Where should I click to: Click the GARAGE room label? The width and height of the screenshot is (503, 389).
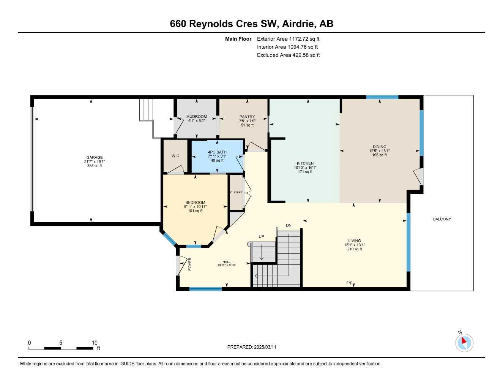click(95, 157)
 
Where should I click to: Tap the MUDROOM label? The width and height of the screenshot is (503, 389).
click(197, 117)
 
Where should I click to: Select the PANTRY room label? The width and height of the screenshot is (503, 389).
click(247, 117)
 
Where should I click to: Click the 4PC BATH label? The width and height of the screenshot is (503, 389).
click(217, 152)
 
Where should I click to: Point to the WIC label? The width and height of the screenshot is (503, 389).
click(175, 156)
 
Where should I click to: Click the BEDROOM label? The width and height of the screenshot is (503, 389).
click(195, 202)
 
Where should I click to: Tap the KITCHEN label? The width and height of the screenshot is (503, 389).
click(305, 163)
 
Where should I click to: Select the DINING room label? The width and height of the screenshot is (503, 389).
click(379, 147)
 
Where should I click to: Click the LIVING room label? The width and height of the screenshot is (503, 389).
click(355, 241)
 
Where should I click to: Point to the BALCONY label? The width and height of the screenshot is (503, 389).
click(442, 219)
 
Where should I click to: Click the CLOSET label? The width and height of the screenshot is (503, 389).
click(236, 193)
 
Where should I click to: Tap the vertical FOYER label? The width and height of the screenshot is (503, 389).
click(190, 264)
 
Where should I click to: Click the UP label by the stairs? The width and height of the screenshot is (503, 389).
click(261, 237)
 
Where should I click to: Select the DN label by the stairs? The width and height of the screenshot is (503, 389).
click(289, 225)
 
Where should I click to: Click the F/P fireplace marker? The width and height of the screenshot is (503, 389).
click(349, 283)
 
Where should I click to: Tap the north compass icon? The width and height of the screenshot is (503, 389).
click(464, 343)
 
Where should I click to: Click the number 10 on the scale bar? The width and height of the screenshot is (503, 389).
click(95, 343)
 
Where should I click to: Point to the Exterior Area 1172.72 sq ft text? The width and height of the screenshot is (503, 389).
click(288, 39)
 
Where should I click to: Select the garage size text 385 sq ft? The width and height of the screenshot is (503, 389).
click(95, 166)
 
